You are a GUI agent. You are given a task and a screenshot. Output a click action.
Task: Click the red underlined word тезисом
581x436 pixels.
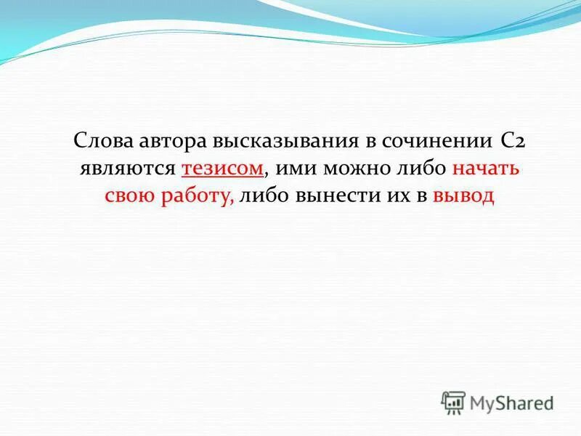click(x=222, y=169)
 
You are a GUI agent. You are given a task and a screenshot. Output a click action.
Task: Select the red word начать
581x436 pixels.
click(x=486, y=169)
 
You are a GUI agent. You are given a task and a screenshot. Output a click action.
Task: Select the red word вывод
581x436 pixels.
click(x=463, y=196)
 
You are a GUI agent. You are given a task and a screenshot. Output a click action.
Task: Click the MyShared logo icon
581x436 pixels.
click(x=453, y=403)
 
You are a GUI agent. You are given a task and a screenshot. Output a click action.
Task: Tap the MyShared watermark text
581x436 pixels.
click(x=511, y=403)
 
